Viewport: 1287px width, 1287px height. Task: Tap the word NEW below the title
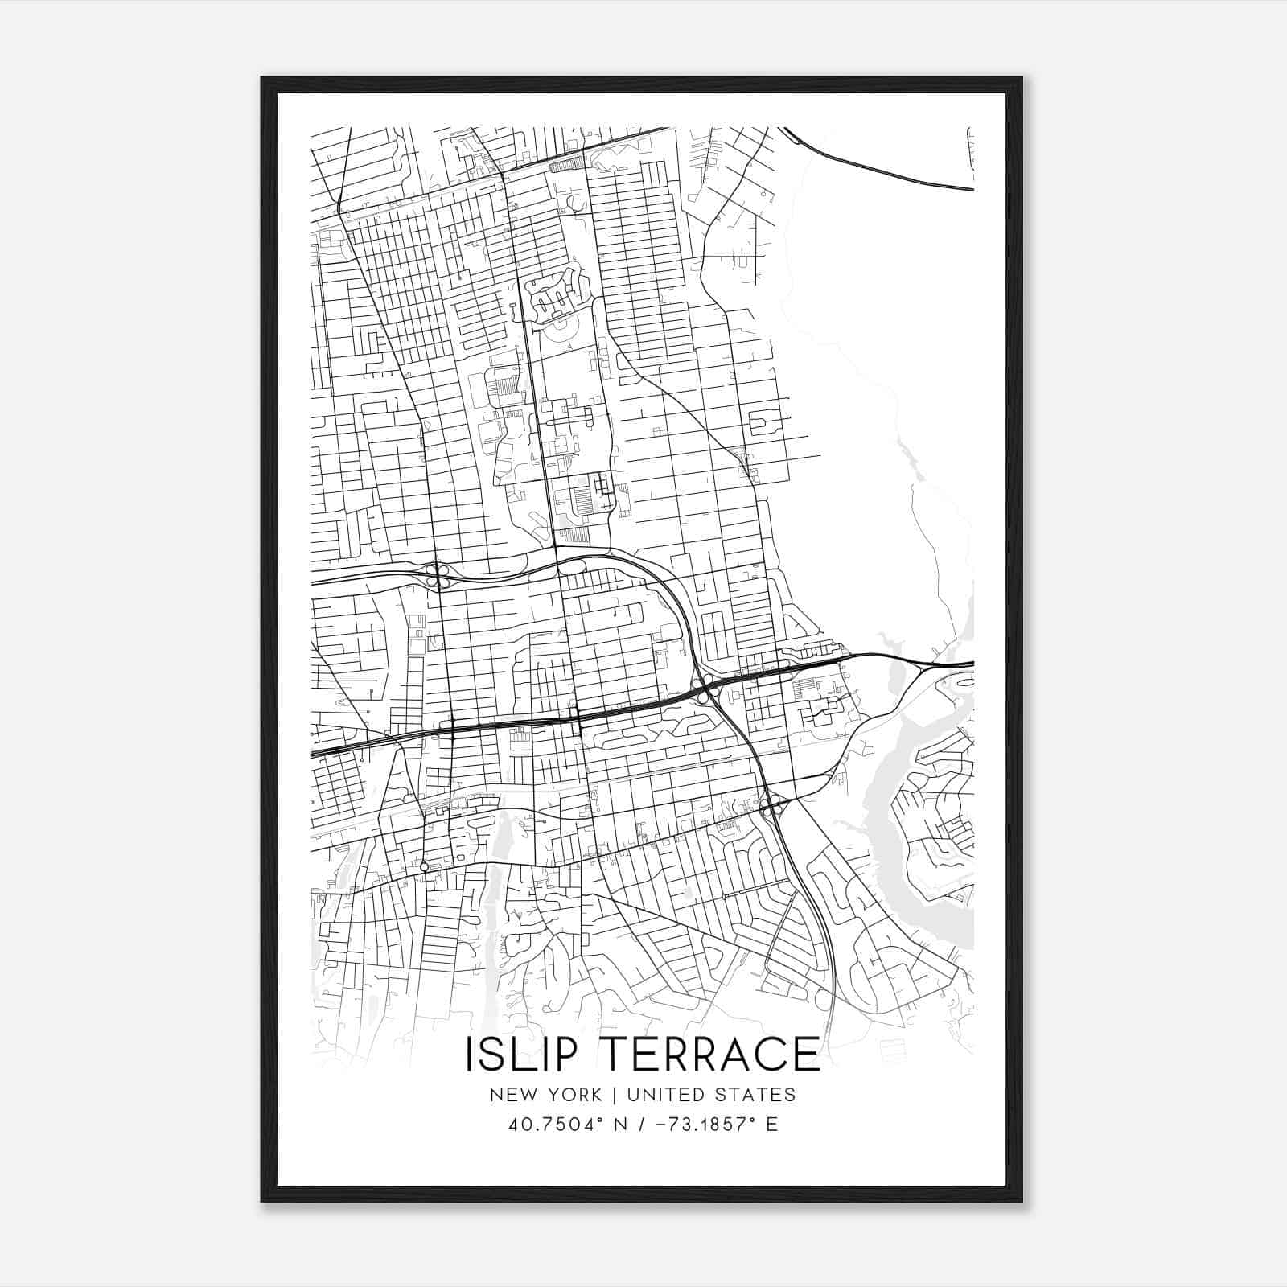(516, 1094)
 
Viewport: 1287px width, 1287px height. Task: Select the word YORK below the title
(573, 1094)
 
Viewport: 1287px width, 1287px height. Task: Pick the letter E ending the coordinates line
(772, 1124)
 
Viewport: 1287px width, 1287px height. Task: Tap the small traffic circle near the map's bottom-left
(424, 866)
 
